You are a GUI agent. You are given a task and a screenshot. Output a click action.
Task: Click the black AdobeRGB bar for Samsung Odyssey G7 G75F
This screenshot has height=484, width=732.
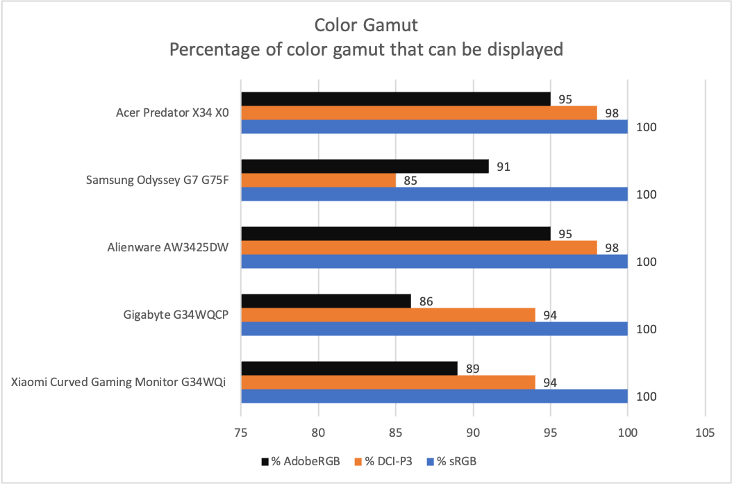point(365,167)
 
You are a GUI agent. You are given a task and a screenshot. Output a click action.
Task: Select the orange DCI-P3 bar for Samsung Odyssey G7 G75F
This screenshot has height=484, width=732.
point(318,181)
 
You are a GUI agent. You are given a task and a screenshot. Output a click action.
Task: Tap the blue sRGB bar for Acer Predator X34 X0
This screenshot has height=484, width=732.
point(434,126)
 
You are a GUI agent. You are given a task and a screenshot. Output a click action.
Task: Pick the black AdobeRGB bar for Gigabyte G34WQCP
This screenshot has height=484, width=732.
point(326,301)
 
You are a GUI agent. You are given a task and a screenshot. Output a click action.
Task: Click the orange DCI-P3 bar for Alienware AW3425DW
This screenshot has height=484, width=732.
point(419,248)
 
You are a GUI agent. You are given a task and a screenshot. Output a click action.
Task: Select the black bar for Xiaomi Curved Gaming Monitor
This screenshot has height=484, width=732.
point(349,369)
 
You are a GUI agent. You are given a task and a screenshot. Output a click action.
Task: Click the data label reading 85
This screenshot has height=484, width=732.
point(410,181)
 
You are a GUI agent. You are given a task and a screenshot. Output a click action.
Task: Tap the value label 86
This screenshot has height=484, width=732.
point(425,301)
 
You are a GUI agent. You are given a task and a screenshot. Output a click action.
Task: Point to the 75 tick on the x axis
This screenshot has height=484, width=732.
point(241,433)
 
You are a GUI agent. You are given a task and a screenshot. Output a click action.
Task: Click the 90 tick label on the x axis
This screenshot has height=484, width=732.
point(473,433)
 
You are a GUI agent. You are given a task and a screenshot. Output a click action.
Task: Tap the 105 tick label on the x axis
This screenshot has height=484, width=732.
point(704,433)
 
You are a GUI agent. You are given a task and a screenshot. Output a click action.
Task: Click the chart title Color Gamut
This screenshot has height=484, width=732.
point(366,26)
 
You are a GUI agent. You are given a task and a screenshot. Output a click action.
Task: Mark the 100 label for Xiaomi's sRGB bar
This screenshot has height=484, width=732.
point(647,397)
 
